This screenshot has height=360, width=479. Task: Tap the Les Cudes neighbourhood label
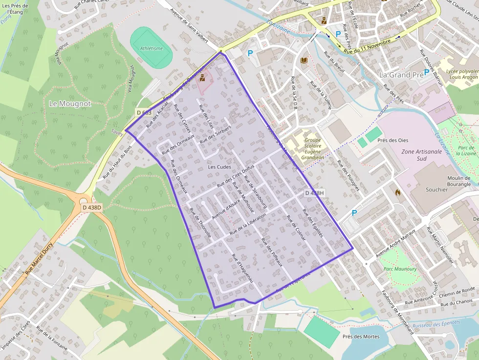(x=219, y=167)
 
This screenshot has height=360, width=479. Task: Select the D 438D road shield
(x=92, y=208)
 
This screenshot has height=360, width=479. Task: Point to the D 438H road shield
(x=315, y=193)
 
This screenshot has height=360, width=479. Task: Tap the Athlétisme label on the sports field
(x=151, y=48)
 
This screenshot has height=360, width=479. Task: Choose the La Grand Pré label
(x=401, y=75)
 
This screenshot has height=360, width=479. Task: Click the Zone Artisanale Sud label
(x=421, y=152)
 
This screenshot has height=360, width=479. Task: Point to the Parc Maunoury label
(x=400, y=269)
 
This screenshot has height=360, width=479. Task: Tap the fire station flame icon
(x=397, y=192)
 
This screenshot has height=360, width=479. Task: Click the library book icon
(x=304, y=61)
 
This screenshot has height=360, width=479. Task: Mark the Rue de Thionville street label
(x=200, y=223)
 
